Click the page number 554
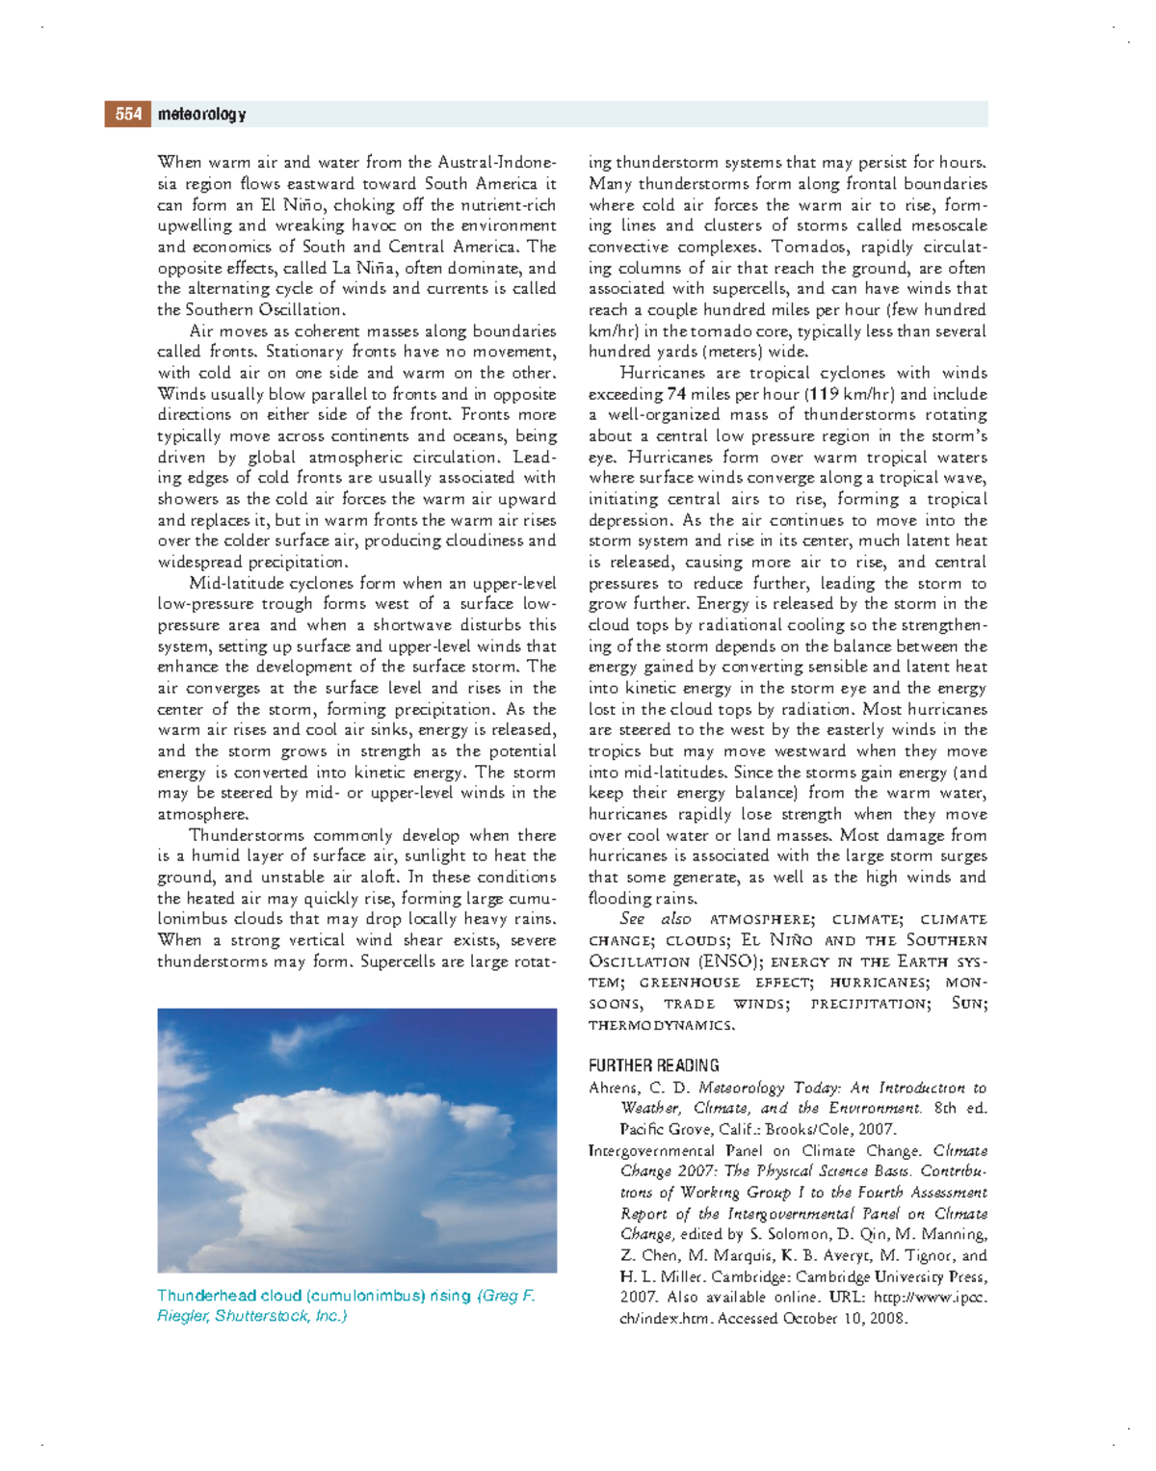[128, 115]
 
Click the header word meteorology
[201, 115]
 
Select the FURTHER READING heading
[653, 1065]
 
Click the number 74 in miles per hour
[676, 394]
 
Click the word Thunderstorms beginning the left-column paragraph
[246, 835]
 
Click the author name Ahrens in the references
[613, 1088]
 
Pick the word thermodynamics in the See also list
[661, 1025]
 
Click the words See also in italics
[655, 919]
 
